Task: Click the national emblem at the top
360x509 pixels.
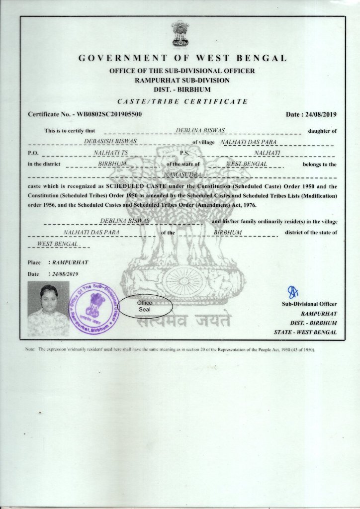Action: pyautogui.click(x=180, y=33)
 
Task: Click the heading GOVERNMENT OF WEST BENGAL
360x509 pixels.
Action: pyautogui.click(x=182, y=58)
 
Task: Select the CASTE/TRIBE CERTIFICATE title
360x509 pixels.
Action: pyautogui.click(x=182, y=102)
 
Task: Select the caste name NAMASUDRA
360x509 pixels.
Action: pyautogui.click(x=181, y=175)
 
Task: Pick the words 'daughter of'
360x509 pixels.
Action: pyautogui.click(x=322, y=131)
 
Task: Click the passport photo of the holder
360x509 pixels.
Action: pyautogui.click(x=48, y=309)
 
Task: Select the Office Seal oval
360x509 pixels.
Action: pyautogui.click(x=146, y=306)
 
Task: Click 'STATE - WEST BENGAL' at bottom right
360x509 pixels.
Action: pyautogui.click(x=305, y=332)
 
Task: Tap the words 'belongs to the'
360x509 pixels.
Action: pyautogui.click(x=319, y=164)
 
